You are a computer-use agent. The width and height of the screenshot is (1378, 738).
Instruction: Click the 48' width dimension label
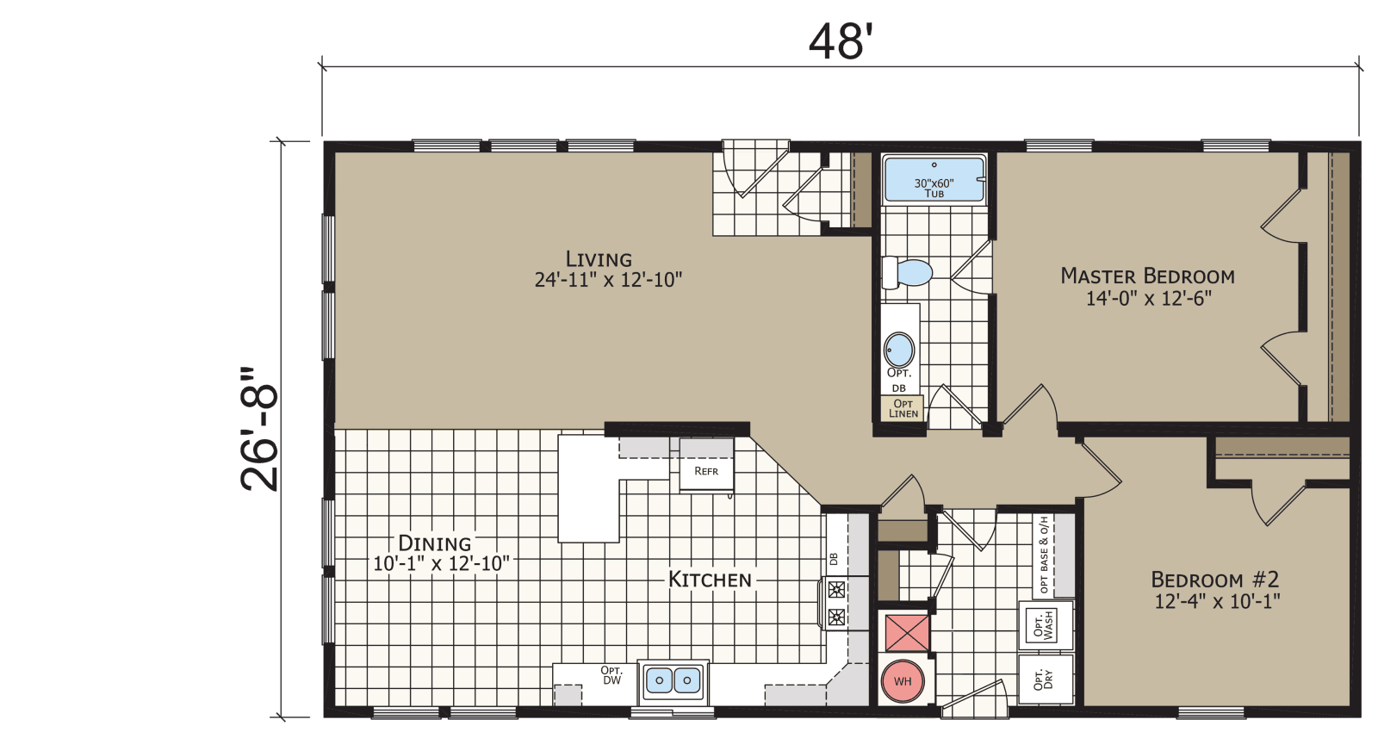click(x=841, y=41)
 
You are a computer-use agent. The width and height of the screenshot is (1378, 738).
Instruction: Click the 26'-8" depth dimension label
click(x=260, y=429)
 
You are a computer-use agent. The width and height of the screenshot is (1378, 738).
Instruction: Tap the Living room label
click(x=599, y=258)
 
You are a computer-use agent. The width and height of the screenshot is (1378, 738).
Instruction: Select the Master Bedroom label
click(x=1147, y=276)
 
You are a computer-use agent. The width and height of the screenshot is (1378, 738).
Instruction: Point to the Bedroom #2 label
click(x=1215, y=580)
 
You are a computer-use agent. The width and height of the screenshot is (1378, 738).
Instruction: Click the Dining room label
click(x=435, y=543)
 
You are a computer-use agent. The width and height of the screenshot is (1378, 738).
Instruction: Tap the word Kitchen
click(x=711, y=580)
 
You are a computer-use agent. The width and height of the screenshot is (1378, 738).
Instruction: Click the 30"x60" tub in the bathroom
click(x=934, y=180)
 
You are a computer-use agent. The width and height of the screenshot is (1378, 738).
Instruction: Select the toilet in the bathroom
click(x=908, y=273)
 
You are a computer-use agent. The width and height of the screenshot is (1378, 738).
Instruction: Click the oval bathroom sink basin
click(x=899, y=350)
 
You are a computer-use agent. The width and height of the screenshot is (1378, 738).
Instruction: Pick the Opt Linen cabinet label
click(x=903, y=408)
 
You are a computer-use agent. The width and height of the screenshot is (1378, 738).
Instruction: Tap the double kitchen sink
click(x=673, y=681)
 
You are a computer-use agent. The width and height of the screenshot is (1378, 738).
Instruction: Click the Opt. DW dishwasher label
click(x=611, y=675)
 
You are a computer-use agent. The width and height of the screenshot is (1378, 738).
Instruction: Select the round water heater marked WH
click(x=902, y=681)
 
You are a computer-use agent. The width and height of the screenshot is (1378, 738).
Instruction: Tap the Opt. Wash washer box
click(x=1045, y=625)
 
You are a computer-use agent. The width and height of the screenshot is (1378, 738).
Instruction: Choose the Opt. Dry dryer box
click(x=1045, y=679)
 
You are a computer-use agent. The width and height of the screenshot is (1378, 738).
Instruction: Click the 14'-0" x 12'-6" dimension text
click(x=1148, y=299)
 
